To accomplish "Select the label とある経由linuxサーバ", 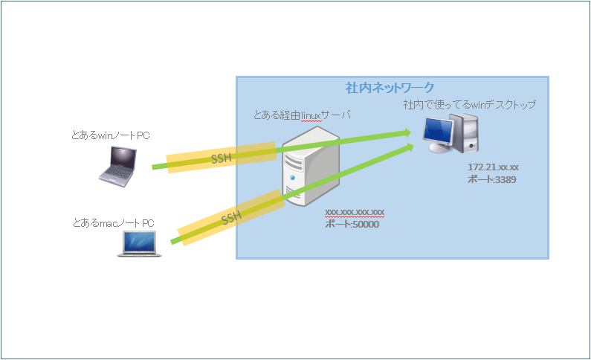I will click(302, 115).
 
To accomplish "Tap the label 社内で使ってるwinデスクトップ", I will click(469, 104).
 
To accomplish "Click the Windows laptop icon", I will click(119, 165).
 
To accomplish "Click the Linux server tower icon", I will click(308, 167).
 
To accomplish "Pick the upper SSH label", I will click(222, 158).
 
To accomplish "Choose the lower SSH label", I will click(231, 218).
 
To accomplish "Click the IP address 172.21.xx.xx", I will click(493, 167).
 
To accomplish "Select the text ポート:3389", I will click(491, 179).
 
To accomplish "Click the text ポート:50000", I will click(352, 224).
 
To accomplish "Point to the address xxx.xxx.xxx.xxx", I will click(355, 213).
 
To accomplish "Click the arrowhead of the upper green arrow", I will click(407, 132).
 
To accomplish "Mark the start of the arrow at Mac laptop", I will click(173, 242).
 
